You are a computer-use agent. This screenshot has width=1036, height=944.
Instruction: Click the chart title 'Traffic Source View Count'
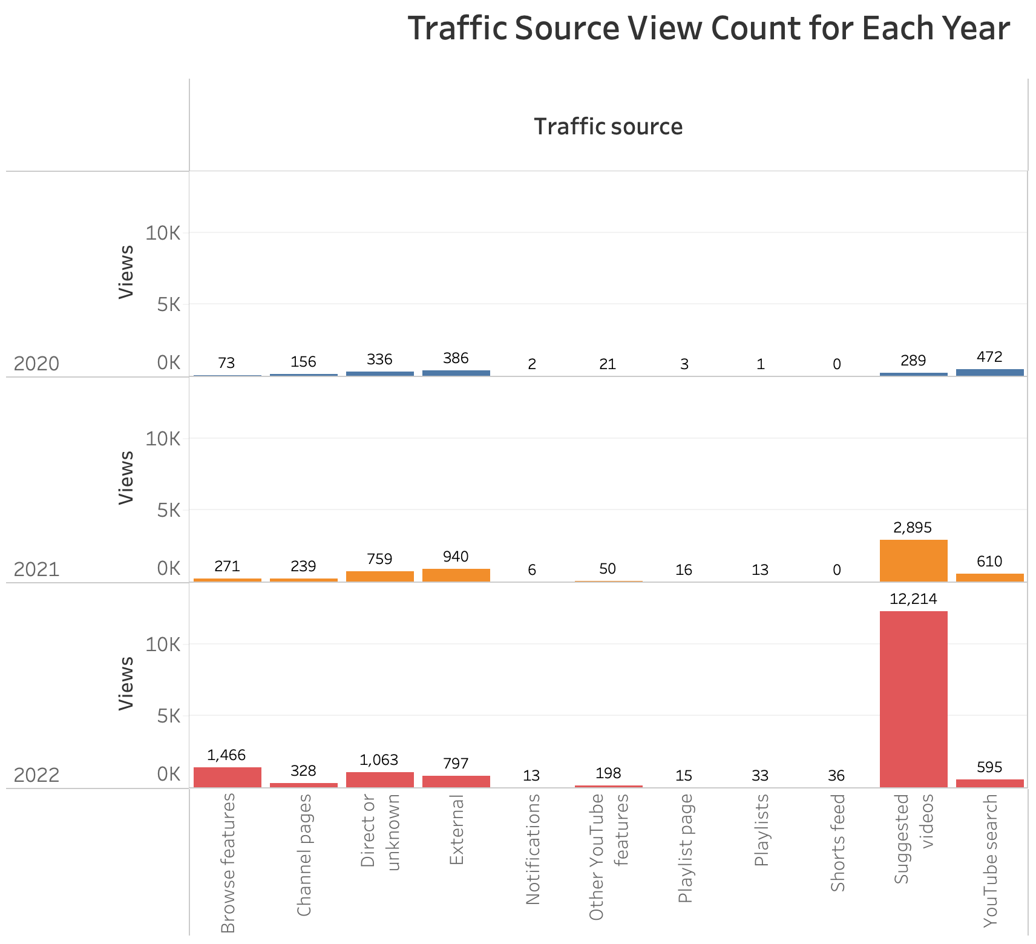(x=709, y=28)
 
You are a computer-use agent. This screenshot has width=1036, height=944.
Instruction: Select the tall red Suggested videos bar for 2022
(x=913, y=699)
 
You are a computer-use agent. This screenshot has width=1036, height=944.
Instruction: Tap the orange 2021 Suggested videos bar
(x=913, y=560)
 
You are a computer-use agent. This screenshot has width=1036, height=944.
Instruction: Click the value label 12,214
(x=913, y=599)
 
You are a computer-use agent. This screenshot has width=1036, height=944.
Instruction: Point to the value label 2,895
(x=913, y=528)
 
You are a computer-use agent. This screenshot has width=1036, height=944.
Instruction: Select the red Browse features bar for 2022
(x=228, y=777)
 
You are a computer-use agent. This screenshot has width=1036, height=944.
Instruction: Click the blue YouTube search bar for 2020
(x=989, y=373)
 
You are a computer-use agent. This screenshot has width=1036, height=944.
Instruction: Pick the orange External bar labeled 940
(x=456, y=575)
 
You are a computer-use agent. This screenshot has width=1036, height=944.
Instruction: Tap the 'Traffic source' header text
(x=608, y=126)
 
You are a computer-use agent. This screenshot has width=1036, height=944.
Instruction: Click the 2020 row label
(x=36, y=364)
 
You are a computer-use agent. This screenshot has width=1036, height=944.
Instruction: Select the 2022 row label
(x=36, y=775)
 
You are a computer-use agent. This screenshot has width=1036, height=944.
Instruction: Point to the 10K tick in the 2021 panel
(x=163, y=439)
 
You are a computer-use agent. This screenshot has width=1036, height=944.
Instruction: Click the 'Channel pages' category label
(x=304, y=854)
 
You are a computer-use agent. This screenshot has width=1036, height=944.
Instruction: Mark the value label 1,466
(x=226, y=755)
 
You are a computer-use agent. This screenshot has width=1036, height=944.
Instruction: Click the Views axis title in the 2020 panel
(x=126, y=272)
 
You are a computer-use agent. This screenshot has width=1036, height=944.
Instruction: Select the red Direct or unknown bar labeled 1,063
(x=379, y=779)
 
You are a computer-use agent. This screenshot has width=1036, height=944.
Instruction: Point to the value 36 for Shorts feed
(x=836, y=776)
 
